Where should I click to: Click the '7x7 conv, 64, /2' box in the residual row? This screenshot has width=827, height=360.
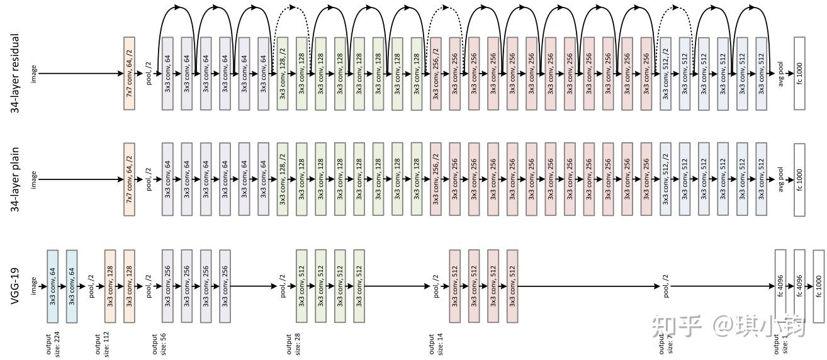click(130, 73)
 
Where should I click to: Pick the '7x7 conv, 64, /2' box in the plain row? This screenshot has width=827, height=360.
click(130, 179)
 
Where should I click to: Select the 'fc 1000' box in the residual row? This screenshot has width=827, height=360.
click(799, 73)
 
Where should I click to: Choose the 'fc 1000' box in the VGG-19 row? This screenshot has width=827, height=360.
click(819, 286)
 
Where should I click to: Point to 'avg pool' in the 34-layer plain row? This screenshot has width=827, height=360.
click(781, 179)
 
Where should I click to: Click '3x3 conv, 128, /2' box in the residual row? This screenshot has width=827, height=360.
click(283, 73)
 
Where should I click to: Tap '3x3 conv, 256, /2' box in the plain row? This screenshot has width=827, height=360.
click(436, 179)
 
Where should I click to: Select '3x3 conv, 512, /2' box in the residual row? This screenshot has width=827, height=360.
click(665, 73)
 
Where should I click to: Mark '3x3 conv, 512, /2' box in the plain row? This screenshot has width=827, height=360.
click(665, 179)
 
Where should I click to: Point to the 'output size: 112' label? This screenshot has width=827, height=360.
click(103, 343)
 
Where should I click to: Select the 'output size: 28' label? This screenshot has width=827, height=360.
click(293, 343)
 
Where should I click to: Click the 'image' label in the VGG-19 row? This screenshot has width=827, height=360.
click(34, 286)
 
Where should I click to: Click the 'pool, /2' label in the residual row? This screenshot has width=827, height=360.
click(149, 73)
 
